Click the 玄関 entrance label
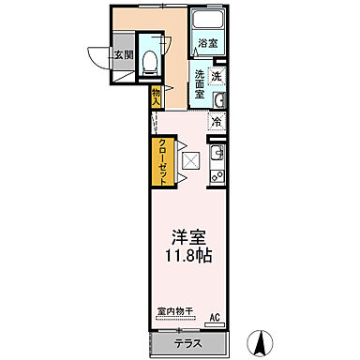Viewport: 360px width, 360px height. click(x=124, y=55)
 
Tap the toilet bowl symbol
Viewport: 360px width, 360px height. click(x=148, y=52)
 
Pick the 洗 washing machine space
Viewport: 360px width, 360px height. click(x=217, y=76)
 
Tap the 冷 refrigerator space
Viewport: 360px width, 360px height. click(x=217, y=122)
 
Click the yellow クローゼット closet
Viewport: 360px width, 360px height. click(x=163, y=160)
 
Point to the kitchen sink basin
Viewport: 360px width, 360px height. click(x=217, y=152)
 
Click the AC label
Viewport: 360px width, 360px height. click(x=214, y=317)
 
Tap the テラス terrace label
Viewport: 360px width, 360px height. click(x=188, y=342)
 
